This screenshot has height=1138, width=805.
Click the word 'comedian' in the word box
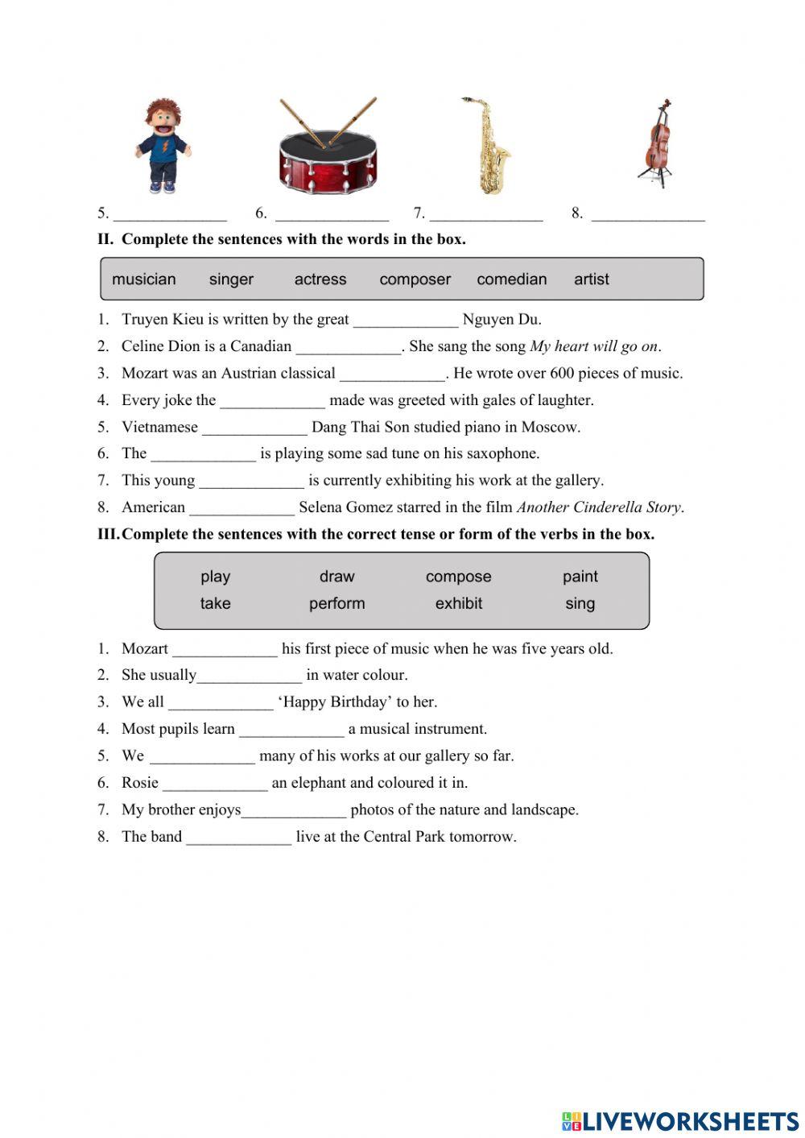511,279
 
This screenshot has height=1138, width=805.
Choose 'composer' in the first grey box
415,279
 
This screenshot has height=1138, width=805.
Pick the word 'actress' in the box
320,279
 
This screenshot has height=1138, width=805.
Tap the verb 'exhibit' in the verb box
459,603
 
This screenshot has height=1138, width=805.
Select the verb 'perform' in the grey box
336,603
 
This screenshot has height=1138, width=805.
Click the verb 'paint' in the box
580,577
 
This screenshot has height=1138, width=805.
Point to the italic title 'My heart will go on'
593,346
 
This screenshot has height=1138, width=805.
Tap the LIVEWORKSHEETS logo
679,1121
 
